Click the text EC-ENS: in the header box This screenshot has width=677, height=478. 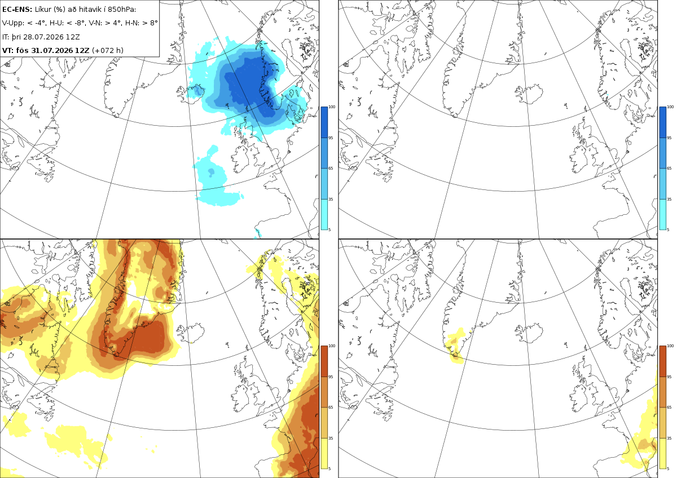pos(17,10)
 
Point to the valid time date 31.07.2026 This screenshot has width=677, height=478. pos(52,50)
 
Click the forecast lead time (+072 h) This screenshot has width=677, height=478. pos(108,50)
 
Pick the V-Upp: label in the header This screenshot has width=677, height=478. pos(13,23)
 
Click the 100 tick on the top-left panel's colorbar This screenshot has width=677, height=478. pos(332,107)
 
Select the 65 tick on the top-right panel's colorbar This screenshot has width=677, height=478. pos(669,168)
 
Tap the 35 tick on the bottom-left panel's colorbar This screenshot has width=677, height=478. pos(331,438)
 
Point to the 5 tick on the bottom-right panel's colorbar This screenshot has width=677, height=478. pos(668,468)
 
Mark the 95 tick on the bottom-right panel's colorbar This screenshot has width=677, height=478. pos(669,377)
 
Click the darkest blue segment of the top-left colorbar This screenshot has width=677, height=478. pos(324,122)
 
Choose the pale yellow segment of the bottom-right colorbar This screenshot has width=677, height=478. pos(662,453)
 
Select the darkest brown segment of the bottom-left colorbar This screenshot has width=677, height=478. pos(324,361)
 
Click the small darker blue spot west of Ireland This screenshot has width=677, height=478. pos(211,172)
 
